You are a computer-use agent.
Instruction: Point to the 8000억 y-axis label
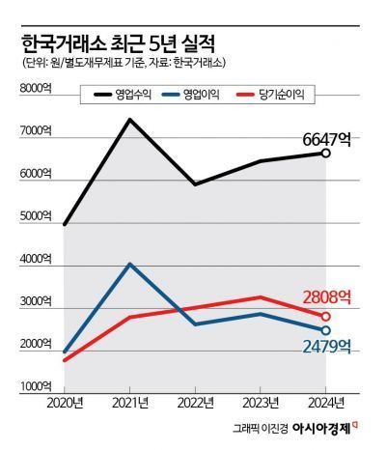pyautogui.click(x=36, y=90)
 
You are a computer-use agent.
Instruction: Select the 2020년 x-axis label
pyautogui.click(x=66, y=401)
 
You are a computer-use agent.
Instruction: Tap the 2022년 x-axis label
pyautogui.click(x=196, y=401)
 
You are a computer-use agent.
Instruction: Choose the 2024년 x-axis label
pyautogui.click(x=326, y=401)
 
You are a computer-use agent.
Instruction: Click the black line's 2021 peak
pyautogui.click(x=130, y=119)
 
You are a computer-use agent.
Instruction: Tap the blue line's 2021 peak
pyautogui.click(x=130, y=264)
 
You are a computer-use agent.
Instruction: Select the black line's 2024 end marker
pyautogui.click(x=326, y=154)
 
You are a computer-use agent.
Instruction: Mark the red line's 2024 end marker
pyautogui.click(x=326, y=316)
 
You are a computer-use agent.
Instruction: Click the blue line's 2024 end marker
pyautogui.click(x=326, y=330)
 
